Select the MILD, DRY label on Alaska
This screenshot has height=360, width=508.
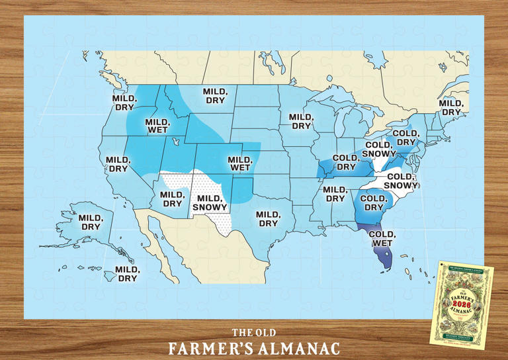[89, 222]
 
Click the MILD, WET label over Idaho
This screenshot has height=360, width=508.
[157, 126]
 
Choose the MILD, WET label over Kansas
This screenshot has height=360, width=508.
[239, 164]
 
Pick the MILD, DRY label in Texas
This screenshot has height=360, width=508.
[268, 219]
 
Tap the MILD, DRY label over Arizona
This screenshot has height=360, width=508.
[172, 199]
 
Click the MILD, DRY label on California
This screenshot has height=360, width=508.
[117, 164]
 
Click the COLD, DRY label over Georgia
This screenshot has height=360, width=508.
[372, 203]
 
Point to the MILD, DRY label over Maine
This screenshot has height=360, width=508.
[451, 107]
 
